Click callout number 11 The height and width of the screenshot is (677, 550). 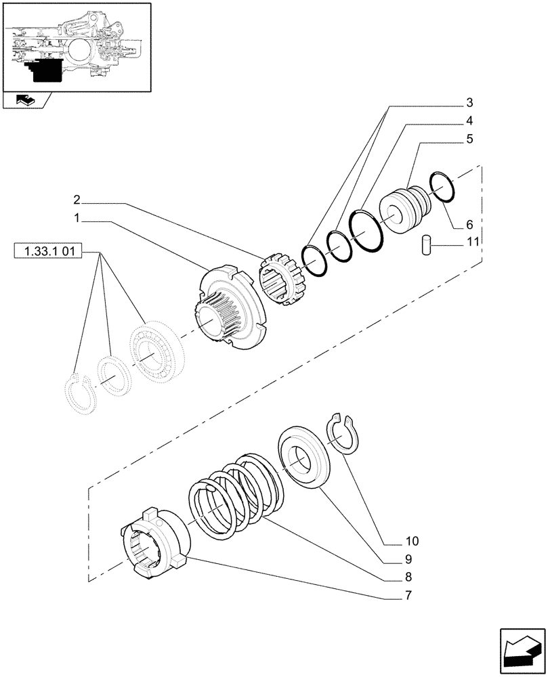click(x=473, y=241)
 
